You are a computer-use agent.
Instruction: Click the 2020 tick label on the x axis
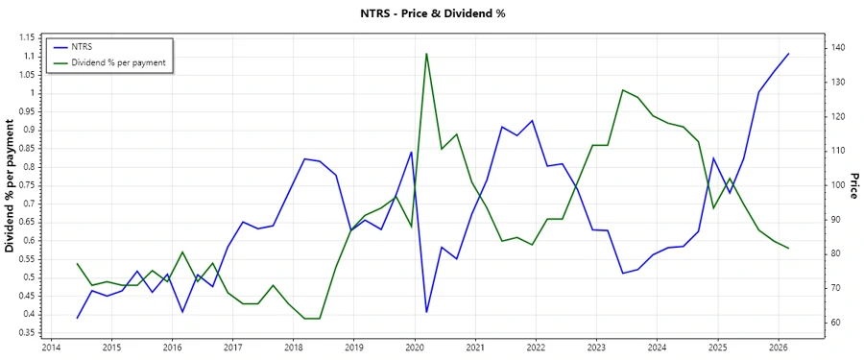[x=414, y=348]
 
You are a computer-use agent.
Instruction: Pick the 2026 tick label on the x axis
[x=778, y=348]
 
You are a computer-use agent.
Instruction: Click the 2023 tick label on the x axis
[x=596, y=348]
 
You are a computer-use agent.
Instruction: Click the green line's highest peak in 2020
[x=426, y=54]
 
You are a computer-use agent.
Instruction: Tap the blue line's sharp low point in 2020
[x=426, y=312]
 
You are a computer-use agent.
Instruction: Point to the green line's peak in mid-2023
[x=623, y=90]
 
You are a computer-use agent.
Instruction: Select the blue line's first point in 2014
[x=78, y=318]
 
